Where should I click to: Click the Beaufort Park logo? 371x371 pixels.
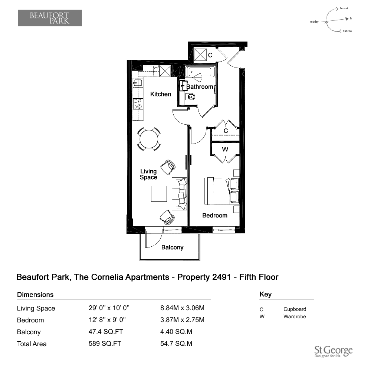50,18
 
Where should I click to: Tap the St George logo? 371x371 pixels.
334,352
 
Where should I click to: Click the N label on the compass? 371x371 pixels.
351,18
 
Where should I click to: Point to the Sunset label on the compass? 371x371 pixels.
344,9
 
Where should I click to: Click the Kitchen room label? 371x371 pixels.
161,94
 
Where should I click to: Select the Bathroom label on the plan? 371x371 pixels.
200,87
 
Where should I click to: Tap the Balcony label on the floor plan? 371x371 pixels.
172,247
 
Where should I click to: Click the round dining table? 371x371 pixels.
149,139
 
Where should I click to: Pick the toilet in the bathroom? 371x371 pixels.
190,97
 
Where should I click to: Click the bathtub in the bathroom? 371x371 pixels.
200,72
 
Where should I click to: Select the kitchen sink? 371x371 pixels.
138,83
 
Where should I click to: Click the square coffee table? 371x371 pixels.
159,194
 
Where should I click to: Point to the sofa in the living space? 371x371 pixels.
179,194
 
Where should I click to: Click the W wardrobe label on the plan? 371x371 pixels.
225,149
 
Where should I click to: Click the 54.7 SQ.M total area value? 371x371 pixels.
176,344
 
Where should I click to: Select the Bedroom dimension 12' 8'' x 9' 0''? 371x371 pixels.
107,320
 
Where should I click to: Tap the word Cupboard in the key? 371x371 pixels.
295,309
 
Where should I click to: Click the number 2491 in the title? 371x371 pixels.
222,277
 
